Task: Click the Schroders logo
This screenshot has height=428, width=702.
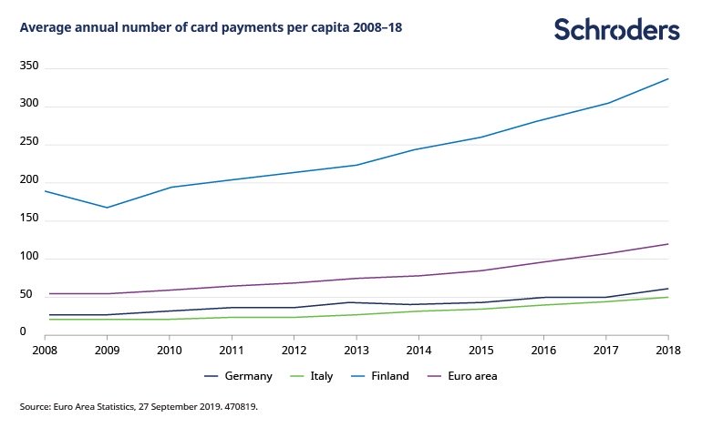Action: pyautogui.click(x=617, y=29)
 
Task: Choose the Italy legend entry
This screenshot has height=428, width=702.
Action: pyautogui.click(x=318, y=375)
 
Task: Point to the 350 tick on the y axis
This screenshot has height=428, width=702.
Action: pyautogui.click(x=29, y=67)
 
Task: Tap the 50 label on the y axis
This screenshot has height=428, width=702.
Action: pyautogui.click(x=32, y=295)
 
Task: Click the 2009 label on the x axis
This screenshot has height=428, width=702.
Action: pyautogui.click(x=107, y=348)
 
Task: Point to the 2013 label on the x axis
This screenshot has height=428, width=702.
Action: pyautogui.click(x=356, y=348)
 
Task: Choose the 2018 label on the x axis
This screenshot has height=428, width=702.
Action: pyautogui.click(x=668, y=348)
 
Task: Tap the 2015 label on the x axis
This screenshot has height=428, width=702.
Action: pyautogui.click(x=481, y=348)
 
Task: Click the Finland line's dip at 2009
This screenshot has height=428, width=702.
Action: pyautogui.click(x=107, y=208)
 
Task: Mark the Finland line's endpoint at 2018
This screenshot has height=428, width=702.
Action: pyautogui.click(x=668, y=78)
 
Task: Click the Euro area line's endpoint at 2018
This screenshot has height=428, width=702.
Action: pyautogui.click(x=668, y=244)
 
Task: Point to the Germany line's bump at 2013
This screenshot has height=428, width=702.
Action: pyautogui.click(x=356, y=302)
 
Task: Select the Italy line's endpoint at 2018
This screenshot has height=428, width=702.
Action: pyautogui.click(x=668, y=297)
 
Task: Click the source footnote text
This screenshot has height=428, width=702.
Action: pyautogui.click(x=139, y=406)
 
